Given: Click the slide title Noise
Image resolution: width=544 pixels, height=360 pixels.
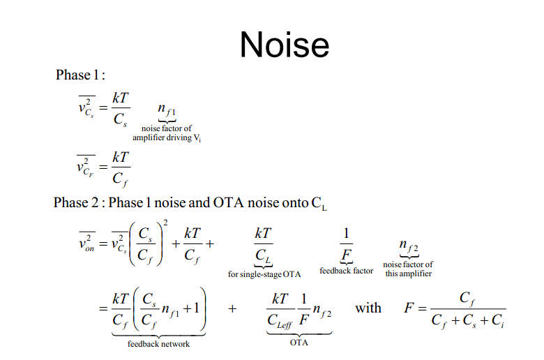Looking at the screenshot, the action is click(285, 45).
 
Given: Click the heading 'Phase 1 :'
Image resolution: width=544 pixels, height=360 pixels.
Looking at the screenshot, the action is click(80, 75).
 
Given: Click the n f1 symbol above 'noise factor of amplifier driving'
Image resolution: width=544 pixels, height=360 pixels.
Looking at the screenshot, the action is click(167, 110).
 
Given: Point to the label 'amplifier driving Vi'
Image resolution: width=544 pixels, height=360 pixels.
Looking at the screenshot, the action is click(167, 138).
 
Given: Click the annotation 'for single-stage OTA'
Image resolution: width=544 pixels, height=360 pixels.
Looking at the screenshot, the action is click(264, 274).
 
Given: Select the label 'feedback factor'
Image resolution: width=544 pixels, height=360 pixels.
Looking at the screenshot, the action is click(346, 271).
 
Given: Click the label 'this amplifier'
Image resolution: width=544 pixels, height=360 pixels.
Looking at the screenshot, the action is click(408, 273).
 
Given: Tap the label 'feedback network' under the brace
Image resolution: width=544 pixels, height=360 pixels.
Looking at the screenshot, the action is click(158, 344).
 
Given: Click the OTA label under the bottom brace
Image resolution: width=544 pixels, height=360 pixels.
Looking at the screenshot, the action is click(299, 343).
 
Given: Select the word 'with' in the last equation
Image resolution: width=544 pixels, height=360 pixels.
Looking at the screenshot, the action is click(368, 308).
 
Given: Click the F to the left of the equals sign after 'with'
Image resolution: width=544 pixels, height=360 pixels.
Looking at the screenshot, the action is click(409, 308).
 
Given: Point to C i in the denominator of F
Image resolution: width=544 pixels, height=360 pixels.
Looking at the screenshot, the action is click(497, 321).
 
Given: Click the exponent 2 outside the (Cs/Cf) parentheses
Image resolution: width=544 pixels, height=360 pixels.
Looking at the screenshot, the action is click(165, 223).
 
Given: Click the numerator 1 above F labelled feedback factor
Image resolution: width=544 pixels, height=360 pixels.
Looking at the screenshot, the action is click(346, 233).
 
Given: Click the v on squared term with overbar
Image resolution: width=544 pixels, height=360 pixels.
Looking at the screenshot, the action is click(86, 241).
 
